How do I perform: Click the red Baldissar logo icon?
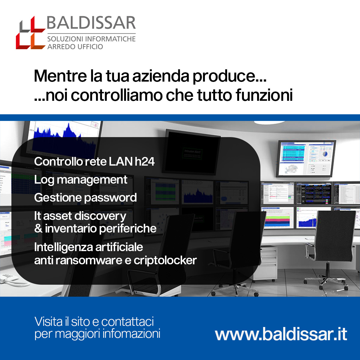tap(31, 33)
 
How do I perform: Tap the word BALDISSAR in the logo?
tap(91, 23)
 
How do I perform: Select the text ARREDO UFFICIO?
tap(75, 47)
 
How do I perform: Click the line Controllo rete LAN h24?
tap(94, 162)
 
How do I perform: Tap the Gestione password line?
tap(85, 198)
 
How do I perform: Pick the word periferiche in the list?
tap(127, 229)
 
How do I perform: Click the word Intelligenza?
tap(64, 247)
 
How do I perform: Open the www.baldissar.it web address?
tap(281, 334)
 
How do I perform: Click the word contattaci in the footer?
tap(127, 322)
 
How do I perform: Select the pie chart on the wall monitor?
tap(325, 154)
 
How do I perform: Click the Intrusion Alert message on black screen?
tap(192, 153)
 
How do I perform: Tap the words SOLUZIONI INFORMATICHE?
tap(91, 39)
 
